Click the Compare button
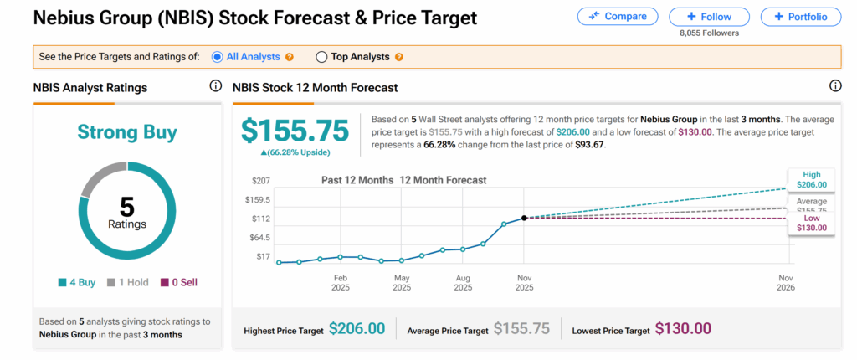[x=618, y=16]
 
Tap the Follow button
[x=710, y=16]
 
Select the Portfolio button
[x=801, y=16]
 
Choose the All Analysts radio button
[x=218, y=57]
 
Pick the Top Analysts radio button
[x=321, y=57]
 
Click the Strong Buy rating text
[x=127, y=131]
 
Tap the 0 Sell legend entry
[x=179, y=282]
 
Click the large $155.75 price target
[x=295, y=130]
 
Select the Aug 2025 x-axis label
[x=463, y=281]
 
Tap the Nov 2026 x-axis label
[x=785, y=281]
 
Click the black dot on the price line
[x=524, y=218]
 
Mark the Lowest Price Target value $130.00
[x=683, y=329]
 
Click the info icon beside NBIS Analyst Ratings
[x=215, y=86]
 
